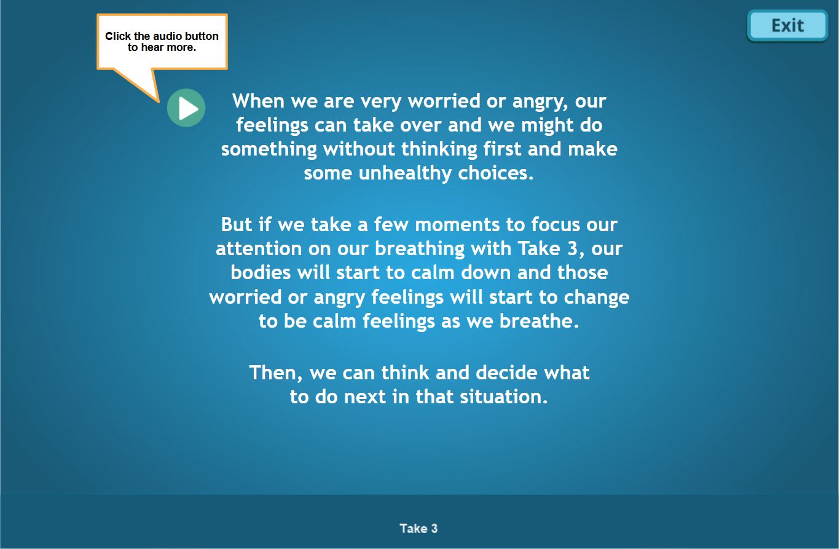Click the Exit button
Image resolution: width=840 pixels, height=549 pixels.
[787, 26]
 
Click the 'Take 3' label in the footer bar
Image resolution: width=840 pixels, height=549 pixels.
[418, 528]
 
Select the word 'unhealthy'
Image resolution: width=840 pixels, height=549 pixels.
[405, 173]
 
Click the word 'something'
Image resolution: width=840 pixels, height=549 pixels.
[269, 149]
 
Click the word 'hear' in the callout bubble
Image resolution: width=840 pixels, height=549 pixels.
[153, 47]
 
